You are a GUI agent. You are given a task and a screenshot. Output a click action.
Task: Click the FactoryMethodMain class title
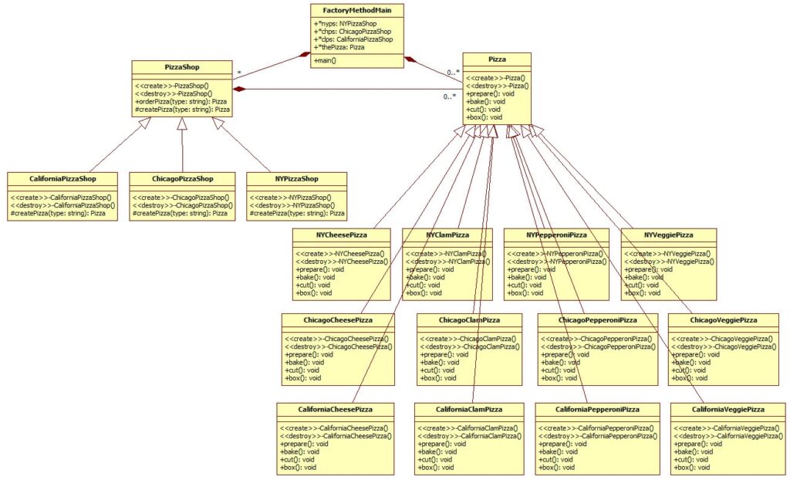point(357,9)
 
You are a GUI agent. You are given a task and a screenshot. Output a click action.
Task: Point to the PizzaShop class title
point(181,67)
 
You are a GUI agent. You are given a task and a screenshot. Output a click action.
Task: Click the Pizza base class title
point(497,59)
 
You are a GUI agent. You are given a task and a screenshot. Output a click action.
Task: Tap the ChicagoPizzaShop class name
point(181,178)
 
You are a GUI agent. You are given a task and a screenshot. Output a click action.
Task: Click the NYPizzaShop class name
point(296,178)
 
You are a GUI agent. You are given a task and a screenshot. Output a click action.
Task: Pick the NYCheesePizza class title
point(341,234)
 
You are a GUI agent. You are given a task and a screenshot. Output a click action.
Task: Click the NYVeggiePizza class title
point(669,234)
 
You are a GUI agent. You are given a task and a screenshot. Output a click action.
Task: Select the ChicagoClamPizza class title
point(469,319)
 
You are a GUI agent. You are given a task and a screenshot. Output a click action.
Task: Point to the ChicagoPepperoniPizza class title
point(597,319)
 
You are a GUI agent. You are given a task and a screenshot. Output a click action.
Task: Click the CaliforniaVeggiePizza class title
point(728,409)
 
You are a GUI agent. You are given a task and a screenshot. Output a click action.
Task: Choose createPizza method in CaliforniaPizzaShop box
point(63,213)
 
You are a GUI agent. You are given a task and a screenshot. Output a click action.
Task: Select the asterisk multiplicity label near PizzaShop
point(239,73)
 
